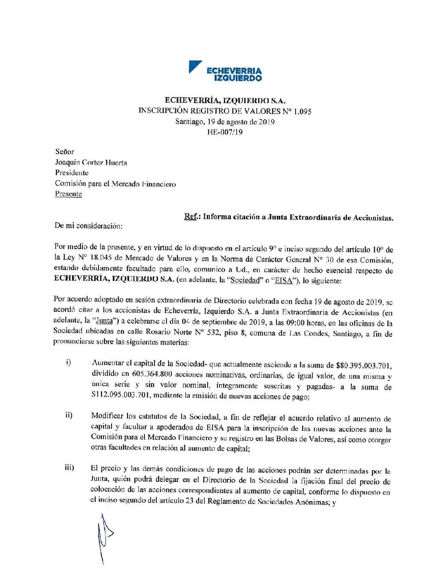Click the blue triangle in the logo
[194, 66]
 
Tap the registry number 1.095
[303, 111]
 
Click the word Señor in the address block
[65, 152]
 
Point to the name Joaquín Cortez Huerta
[91, 162]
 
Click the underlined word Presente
[68, 194]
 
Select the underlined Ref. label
[191, 216]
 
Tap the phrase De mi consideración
[88, 226]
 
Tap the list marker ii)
[68, 415]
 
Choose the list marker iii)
[69, 467]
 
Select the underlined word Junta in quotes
[104, 321]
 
